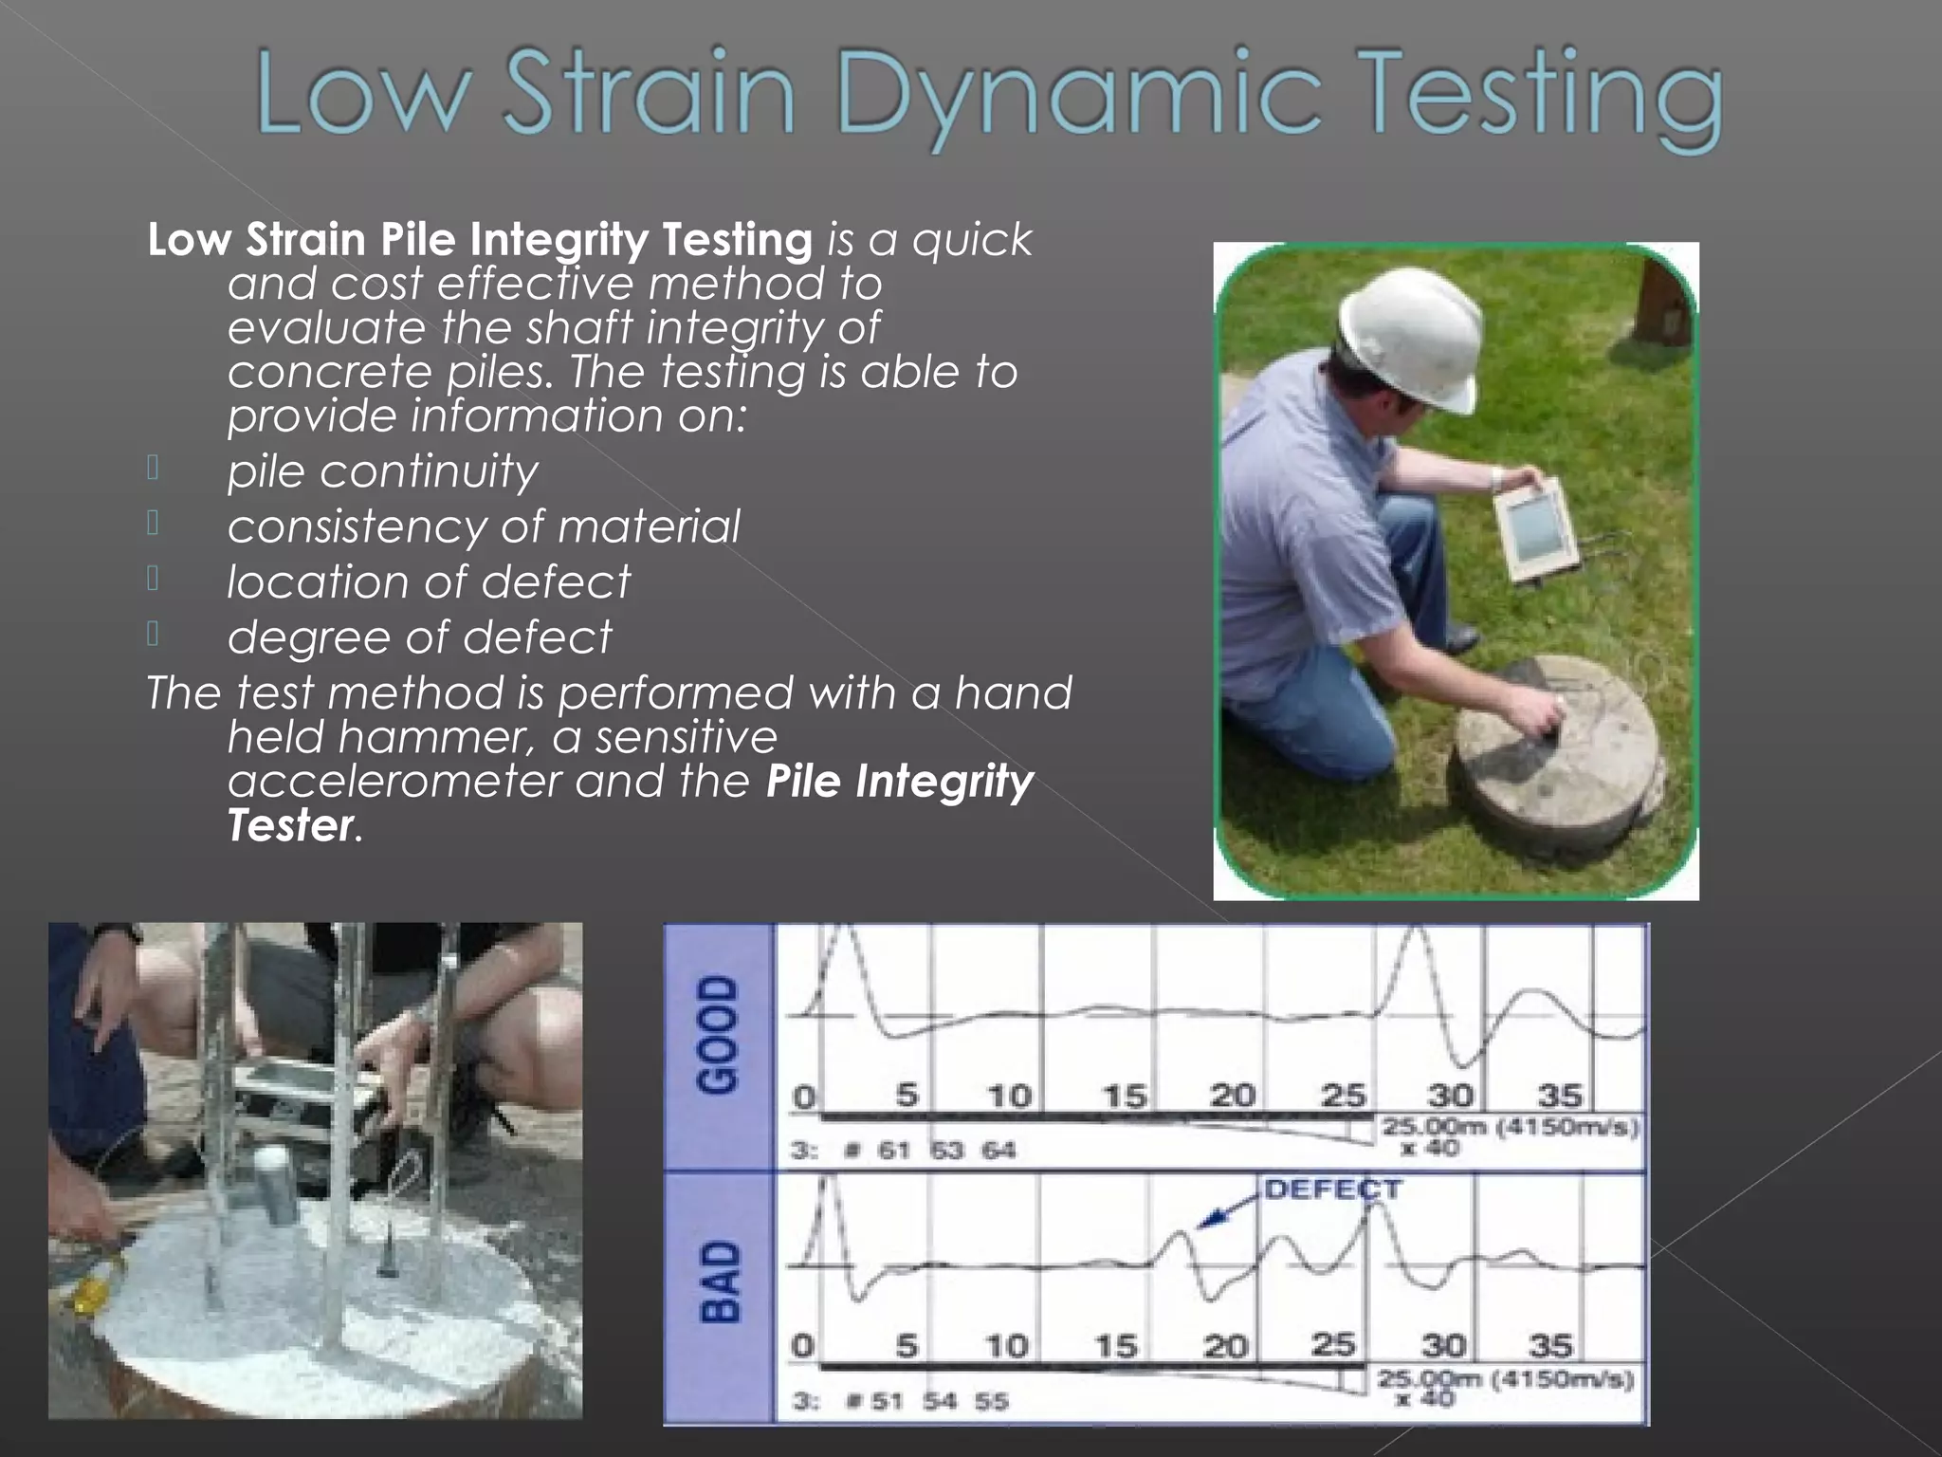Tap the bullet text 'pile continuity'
382,471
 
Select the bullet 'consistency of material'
484,526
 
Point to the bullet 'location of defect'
429,581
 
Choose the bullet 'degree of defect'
419,636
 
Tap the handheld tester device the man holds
1535,531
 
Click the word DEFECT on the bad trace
1332,1190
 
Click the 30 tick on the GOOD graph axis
1450,1096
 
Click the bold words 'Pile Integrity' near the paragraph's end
899,781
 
